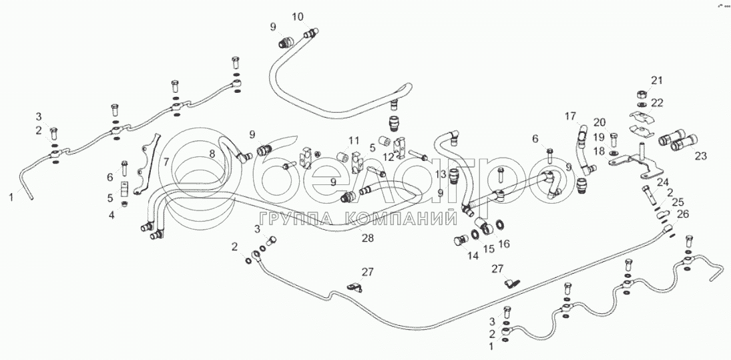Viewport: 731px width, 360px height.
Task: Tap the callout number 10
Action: click(297, 16)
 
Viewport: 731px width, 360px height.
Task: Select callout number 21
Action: click(657, 81)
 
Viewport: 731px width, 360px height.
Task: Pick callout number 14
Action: click(473, 254)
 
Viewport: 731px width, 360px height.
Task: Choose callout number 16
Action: click(503, 244)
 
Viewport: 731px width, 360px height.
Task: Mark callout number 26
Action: click(682, 214)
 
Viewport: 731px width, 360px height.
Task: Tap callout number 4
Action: click(111, 214)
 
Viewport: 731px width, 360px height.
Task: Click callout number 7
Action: click(166, 161)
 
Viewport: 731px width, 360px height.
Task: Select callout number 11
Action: click(354, 140)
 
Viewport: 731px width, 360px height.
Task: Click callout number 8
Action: click(212, 154)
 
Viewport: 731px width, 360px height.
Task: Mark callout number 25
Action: click(677, 202)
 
